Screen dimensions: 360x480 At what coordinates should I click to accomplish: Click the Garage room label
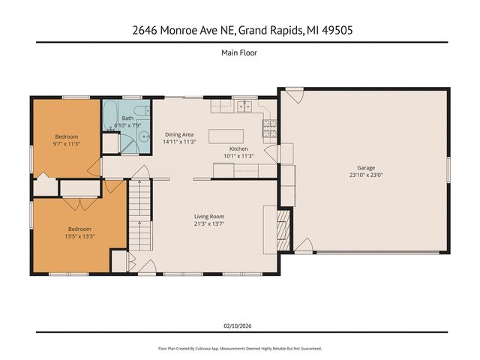[x=365, y=168]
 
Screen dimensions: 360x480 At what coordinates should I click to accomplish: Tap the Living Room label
[x=209, y=216]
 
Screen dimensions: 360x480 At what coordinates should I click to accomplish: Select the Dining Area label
[x=179, y=134]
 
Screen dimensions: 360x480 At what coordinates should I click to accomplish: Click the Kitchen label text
[x=238, y=149]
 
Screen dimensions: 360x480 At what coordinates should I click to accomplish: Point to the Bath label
[x=128, y=118]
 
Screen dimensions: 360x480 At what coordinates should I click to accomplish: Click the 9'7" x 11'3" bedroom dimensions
[x=66, y=143]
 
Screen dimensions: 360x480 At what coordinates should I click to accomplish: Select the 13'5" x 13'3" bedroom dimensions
[x=79, y=235]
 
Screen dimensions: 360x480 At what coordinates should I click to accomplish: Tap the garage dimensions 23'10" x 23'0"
[x=365, y=175]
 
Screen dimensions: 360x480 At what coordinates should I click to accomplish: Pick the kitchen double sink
[x=244, y=107]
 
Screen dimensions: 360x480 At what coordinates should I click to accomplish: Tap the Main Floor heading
[x=239, y=53]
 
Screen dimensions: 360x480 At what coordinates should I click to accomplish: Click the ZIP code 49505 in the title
[x=338, y=31]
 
